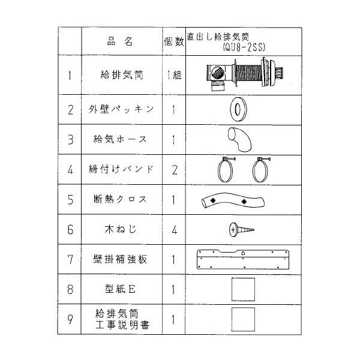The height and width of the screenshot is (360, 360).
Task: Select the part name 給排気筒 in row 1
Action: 122,76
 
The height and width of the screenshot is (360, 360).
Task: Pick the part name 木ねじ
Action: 122,229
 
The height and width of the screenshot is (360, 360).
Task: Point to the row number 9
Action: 71,319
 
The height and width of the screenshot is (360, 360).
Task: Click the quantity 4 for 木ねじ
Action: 174,229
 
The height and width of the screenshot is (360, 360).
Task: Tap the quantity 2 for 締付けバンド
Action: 174,169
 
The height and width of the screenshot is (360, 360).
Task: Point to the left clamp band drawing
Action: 222,169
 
